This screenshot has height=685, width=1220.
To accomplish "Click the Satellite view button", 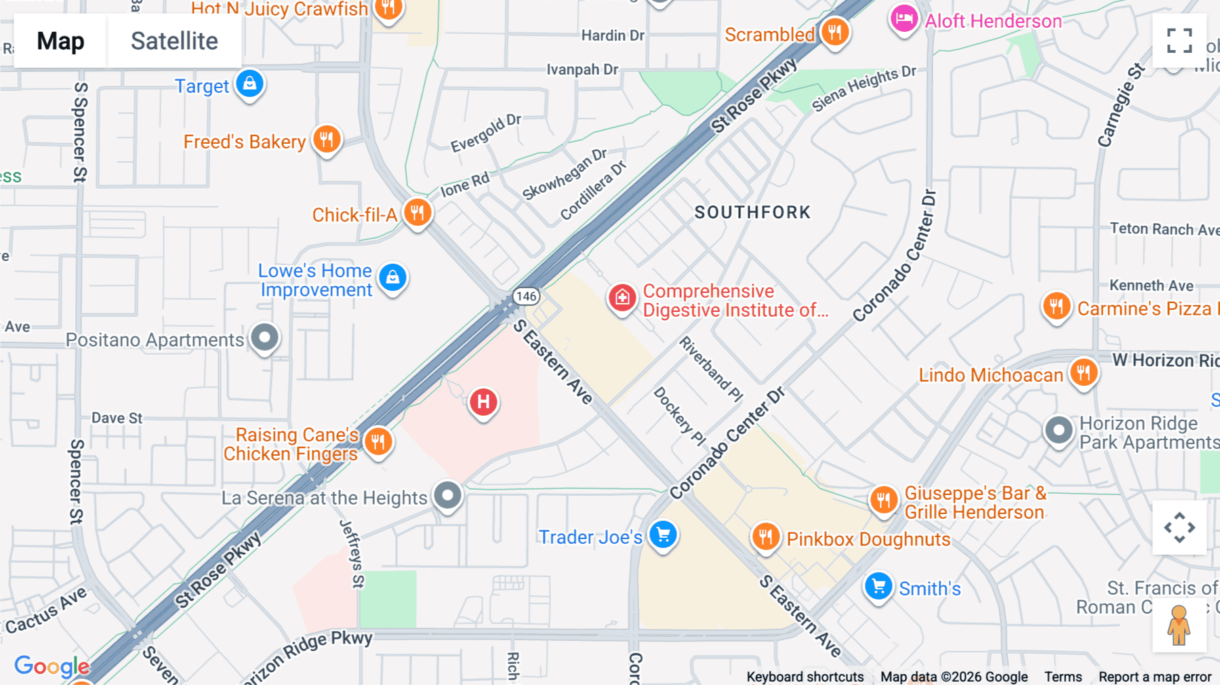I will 174,41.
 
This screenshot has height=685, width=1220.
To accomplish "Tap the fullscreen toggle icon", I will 1179,41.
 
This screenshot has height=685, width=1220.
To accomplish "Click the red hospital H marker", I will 483,402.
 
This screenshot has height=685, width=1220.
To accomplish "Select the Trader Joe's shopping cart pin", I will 663,535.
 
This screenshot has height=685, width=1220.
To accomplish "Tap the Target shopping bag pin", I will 249,84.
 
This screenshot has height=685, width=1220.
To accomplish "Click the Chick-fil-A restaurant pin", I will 418,213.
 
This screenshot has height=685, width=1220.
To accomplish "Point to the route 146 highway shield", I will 526,296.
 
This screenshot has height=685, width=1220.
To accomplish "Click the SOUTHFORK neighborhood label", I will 752,212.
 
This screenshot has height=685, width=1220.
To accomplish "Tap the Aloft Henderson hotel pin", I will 903,20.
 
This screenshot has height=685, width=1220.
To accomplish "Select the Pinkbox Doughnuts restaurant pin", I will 766,537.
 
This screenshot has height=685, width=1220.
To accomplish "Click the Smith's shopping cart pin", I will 878,586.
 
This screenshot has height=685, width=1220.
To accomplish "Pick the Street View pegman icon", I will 1179,625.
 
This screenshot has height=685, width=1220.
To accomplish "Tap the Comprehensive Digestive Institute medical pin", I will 622,298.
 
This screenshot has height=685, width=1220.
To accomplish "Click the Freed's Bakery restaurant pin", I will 327,140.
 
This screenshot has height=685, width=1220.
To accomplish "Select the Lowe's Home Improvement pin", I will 392,278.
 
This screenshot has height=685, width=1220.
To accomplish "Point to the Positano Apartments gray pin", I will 264,337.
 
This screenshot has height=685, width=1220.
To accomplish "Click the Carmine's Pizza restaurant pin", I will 1056,307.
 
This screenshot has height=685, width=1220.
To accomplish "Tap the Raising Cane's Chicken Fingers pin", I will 378,442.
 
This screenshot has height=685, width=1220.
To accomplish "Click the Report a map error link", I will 1154,677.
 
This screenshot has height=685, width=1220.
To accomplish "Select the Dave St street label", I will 117,418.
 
